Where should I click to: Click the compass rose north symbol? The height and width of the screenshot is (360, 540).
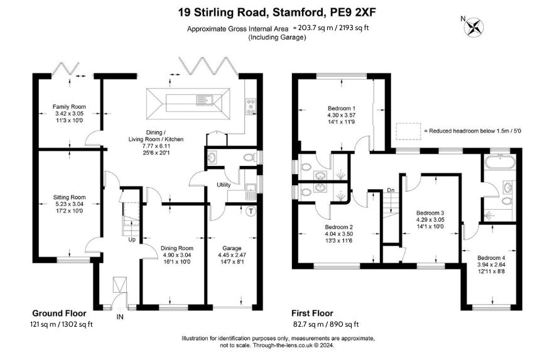pyautogui.click(x=474, y=27)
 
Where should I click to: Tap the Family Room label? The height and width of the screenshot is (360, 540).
pyautogui.click(x=69, y=107)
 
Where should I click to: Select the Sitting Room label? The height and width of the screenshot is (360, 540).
pyautogui.click(x=69, y=197)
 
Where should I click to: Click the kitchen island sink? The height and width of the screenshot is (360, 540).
pyautogui.click(x=205, y=101)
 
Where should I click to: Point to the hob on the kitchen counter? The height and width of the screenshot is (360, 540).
pyautogui.click(x=251, y=106)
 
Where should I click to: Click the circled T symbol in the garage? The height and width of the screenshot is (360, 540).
pyautogui.click(x=251, y=211)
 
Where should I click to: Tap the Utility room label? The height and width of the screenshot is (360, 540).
pyautogui.click(x=224, y=185)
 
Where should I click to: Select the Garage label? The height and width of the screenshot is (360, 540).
pyautogui.click(x=232, y=248)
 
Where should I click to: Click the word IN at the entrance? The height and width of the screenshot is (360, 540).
pyautogui.click(x=120, y=317)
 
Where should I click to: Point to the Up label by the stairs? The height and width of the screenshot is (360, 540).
pyautogui.click(x=132, y=239)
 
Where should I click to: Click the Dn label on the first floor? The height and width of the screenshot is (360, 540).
pyautogui.click(x=391, y=190)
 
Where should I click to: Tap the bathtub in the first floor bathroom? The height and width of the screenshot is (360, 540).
pyautogui.click(x=500, y=162)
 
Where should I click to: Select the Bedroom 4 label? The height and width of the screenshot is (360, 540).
pyautogui.click(x=491, y=258)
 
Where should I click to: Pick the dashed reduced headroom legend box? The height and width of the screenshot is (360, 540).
pyautogui.click(x=408, y=131)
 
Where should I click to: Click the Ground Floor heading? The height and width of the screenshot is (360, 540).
pyautogui.click(x=59, y=314)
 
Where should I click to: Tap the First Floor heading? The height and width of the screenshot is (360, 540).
pyautogui.click(x=312, y=314)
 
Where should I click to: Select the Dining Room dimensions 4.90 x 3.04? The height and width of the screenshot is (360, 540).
pyautogui.click(x=177, y=255)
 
